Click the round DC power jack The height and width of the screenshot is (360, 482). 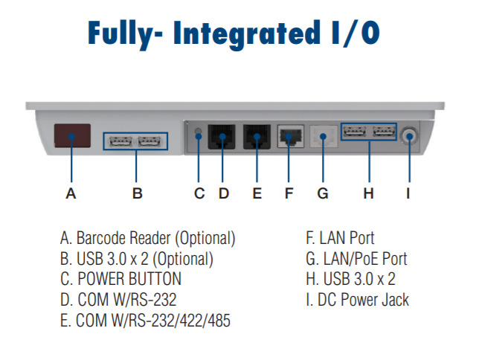[409, 135]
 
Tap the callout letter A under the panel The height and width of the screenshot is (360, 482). [71, 194]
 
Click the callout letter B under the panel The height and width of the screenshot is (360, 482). [138, 194]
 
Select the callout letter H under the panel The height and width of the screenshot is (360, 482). [368, 194]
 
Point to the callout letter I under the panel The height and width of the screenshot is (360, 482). [408, 194]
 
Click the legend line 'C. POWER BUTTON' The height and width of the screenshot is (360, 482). [120, 280]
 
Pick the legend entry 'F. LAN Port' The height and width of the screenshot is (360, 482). [340, 239]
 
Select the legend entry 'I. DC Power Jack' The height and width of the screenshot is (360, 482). [357, 300]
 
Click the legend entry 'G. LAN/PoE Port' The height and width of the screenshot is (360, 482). [356, 260]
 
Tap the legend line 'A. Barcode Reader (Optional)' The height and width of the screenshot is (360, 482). [148, 239]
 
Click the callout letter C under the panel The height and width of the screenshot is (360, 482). [199, 194]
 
